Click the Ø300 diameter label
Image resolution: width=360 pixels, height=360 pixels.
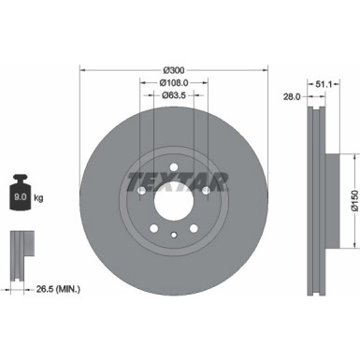click(x=173, y=71)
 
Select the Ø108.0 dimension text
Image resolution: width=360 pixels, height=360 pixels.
click(x=173, y=81)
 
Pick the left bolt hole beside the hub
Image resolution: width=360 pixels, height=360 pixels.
click(x=140, y=192)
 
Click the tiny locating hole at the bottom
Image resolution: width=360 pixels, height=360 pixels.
click(x=173, y=236)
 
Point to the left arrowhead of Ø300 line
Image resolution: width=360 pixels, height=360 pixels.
click(x=83, y=71)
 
